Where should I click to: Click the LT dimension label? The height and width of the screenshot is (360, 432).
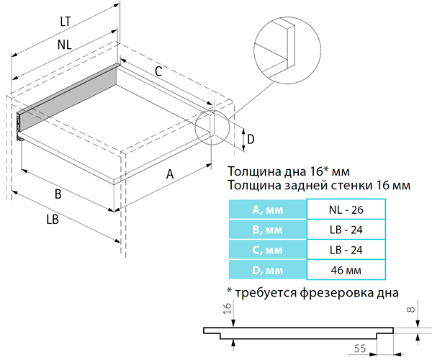tap(66, 22)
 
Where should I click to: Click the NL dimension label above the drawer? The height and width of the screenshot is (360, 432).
tap(65, 45)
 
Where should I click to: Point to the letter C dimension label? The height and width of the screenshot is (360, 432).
tap(158, 71)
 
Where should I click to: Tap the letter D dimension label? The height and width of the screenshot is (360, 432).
tap(251, 140)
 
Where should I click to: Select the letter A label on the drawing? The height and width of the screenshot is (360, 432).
tap(170, 174)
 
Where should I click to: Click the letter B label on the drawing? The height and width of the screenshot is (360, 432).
tap(58, 194)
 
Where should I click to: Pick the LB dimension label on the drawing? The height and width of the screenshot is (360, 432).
tap(53, 220)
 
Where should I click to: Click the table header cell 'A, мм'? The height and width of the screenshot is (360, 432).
tap(268, 210)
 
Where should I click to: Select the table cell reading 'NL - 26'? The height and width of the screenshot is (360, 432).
tap(346, 210)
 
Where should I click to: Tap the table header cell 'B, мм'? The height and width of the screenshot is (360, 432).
tap(268, 230)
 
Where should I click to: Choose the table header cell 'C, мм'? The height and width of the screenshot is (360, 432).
tap(268, 250)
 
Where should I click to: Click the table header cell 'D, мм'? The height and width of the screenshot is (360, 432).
tap(268, 270)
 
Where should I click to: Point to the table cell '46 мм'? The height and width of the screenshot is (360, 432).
tap(346, 270)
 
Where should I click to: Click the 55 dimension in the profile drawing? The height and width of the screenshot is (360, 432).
tap(360, 348)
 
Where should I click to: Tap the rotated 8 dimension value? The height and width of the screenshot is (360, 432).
tap(410, 310)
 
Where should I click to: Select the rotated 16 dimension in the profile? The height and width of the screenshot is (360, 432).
tap(228, 308)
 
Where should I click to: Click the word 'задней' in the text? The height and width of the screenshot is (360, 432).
tap(304, 185)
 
